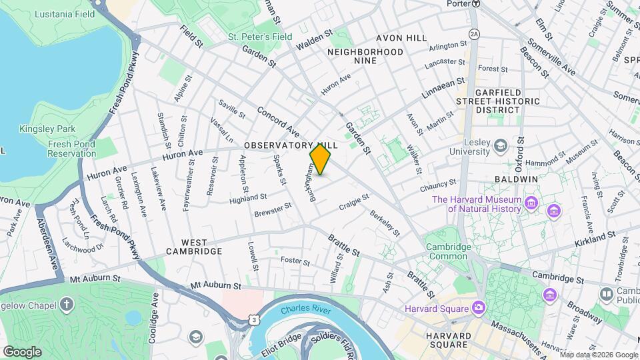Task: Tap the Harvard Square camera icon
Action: [x=479, y=307]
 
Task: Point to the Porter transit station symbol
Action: [x=475, y=3]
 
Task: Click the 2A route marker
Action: [x=474, y=33]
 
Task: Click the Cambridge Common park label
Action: [x=447, y=251]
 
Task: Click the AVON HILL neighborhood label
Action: [x=401, y=38]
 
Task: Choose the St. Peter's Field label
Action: [x=259, y=37]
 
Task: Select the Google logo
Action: [x=22, y=351]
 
